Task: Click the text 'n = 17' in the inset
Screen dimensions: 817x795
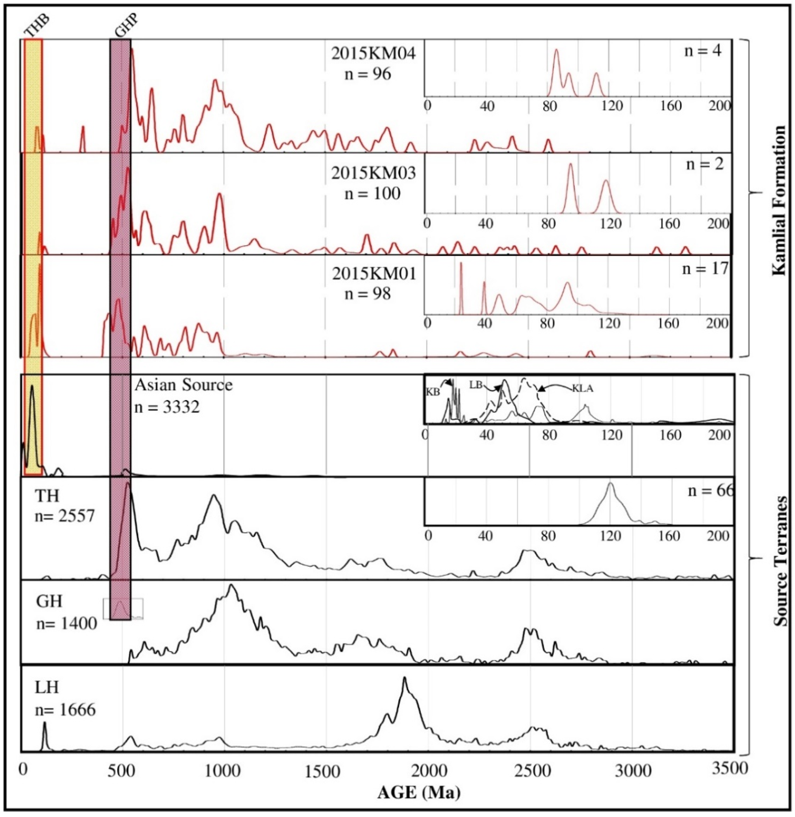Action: point(705,269)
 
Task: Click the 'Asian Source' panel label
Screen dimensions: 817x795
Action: point(183,385)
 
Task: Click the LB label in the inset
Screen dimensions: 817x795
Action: point(476,385)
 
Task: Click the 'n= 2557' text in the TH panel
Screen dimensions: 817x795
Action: point(65,516)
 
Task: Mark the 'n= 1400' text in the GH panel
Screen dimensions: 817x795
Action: point(66,624)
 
